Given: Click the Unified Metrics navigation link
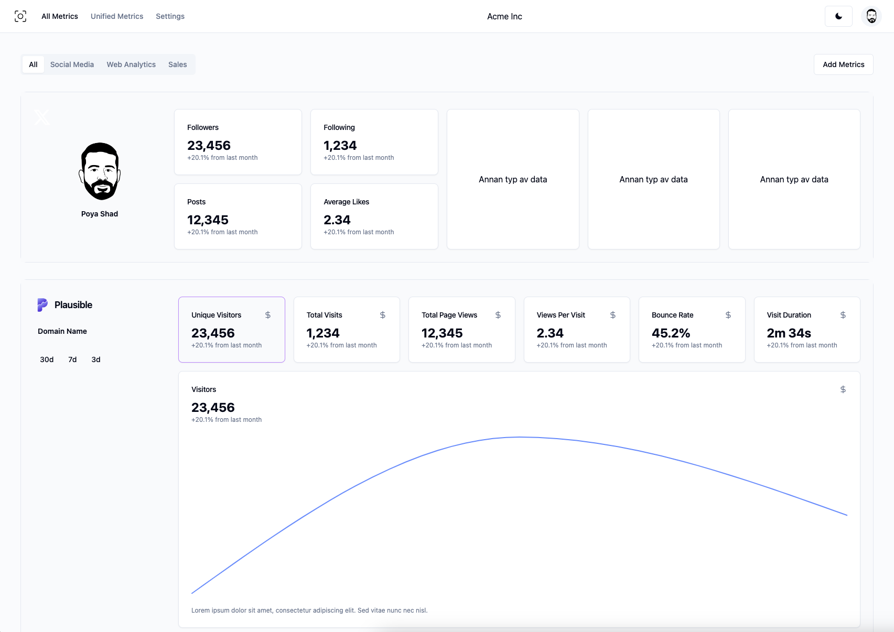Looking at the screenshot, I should tap(116, 16).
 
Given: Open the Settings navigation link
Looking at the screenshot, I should tap(170, 16).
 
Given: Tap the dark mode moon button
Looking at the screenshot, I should tap(838, 16).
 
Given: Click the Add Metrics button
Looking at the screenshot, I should tap(843, 64).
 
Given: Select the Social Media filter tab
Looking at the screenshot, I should tap(72, 64).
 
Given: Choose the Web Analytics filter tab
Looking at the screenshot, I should tap(131, 64).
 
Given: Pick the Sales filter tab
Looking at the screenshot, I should tap(177, 64).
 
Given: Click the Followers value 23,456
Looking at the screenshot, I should tap(209, 146).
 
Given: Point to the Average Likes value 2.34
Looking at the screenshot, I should tap(337, 220).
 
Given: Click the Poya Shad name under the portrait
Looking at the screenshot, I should tap(100, 214).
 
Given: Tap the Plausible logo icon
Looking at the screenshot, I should tap(42, 305).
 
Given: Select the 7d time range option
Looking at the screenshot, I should tap(72, 359).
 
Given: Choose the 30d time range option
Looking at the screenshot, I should tap(47, 359).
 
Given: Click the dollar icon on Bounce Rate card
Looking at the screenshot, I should tap(728, 315).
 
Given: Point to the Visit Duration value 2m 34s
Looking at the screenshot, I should tap(789, 333).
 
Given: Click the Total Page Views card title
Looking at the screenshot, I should tap(449, 315).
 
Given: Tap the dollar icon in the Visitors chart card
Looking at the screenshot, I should tap(843, 389).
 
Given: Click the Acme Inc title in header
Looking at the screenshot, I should tap(504, 16).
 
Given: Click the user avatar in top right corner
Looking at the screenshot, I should tap(871, 16).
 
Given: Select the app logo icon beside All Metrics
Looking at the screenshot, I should tap(20, 16).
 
